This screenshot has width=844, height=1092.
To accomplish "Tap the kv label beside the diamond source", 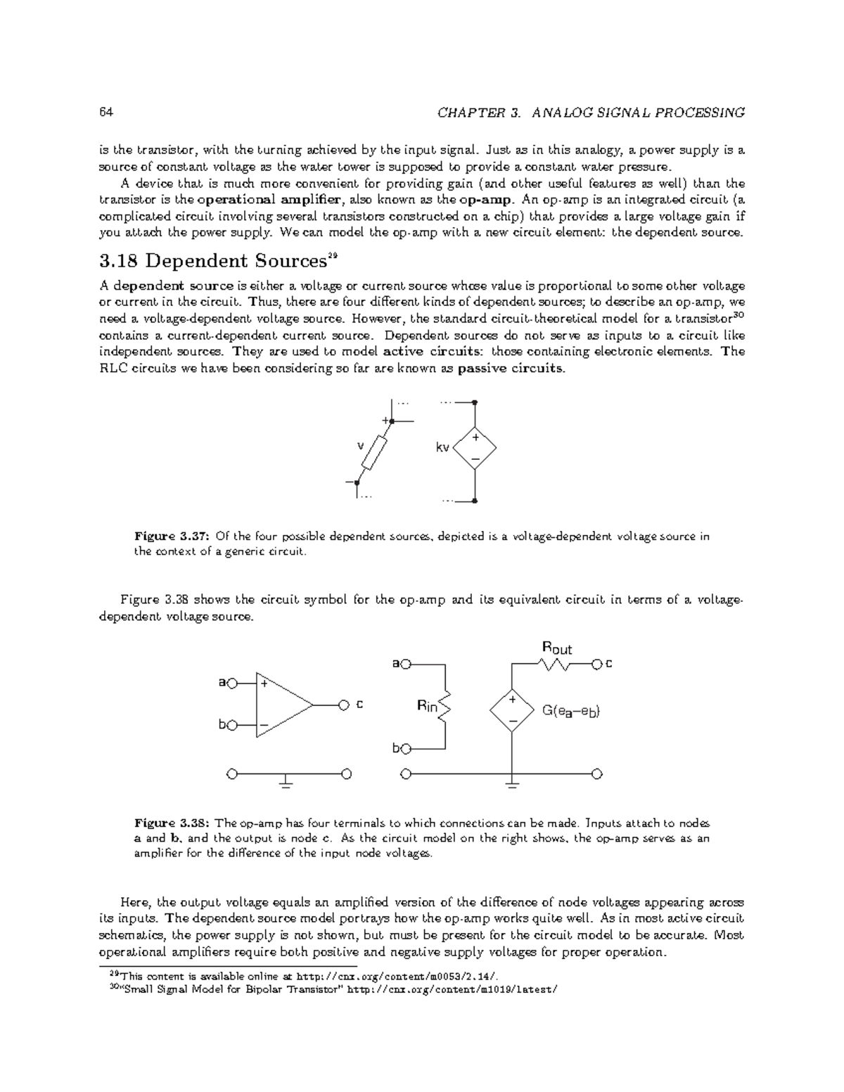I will [442, 448].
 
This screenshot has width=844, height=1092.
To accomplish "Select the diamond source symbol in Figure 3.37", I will [475, 448].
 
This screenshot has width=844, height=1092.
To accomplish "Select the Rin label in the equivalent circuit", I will [427, 706].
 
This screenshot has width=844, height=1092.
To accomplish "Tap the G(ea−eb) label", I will [570, 711].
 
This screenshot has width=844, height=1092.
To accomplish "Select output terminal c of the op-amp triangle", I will [344, 704].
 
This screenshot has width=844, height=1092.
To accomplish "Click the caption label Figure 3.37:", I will [172, 537].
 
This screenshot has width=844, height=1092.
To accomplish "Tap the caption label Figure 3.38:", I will [172, 823].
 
